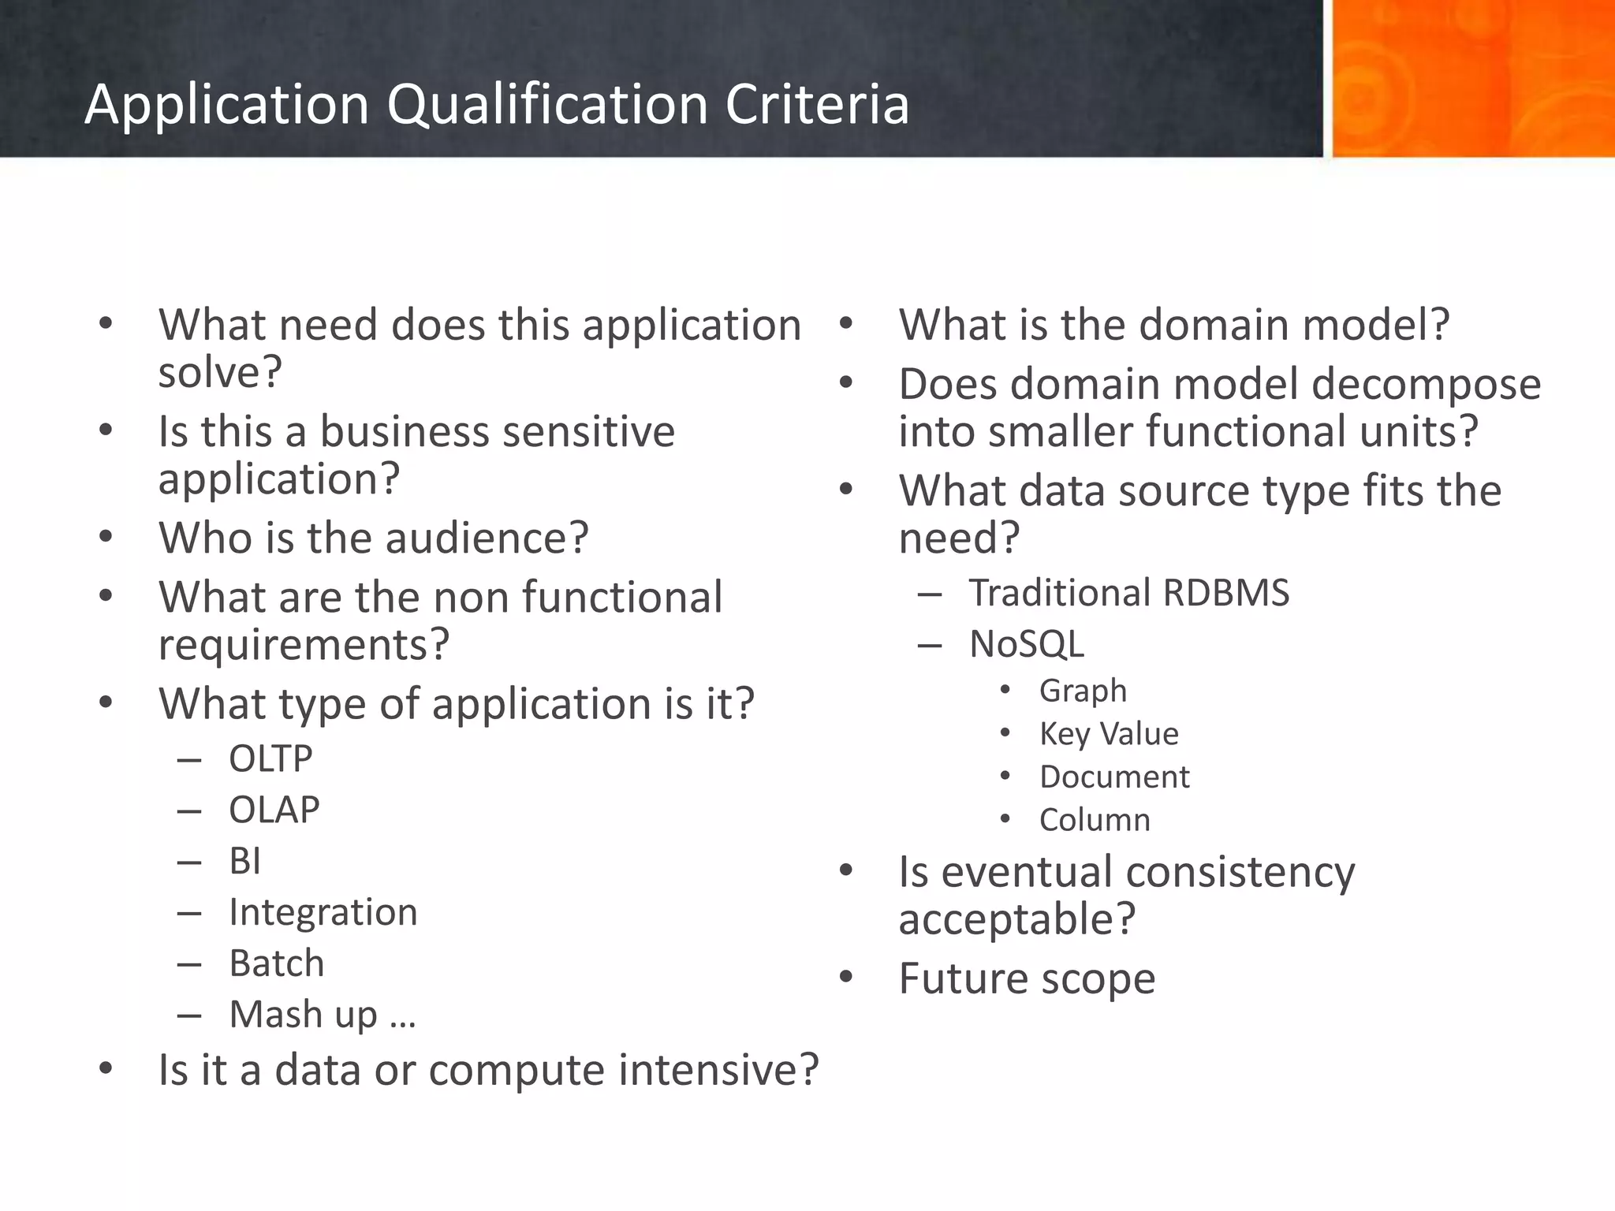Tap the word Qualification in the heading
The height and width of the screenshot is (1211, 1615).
point(547,104)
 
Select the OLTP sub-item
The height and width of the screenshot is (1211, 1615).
point(270,759)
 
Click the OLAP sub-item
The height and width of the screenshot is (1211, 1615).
point(274,810)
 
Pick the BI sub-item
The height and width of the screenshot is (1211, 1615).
point(244,861)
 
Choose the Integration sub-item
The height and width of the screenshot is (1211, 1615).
point(323,913)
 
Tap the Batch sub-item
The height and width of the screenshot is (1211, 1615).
point(276,963)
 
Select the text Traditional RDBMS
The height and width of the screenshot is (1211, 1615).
point(1128,593)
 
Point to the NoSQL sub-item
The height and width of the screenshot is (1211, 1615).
point(1026,644)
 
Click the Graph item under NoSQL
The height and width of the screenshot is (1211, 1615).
point(1083,691)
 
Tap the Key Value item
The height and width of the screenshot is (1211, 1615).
point(1109,734)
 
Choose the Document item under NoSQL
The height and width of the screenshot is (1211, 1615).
point(1114,777)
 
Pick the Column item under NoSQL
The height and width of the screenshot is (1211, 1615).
point(1095,821)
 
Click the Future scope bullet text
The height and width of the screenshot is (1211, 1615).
point(1027,979)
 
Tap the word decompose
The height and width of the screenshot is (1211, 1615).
point(1426,385)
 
